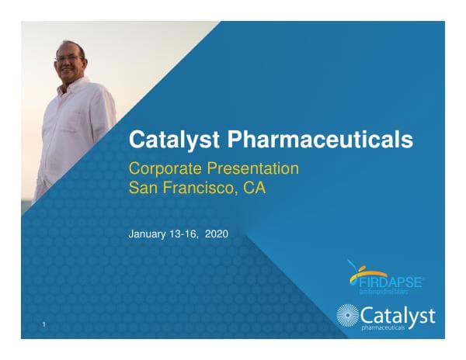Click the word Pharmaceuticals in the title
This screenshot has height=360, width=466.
tap(320, 140)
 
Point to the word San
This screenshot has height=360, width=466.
tap(143, 187)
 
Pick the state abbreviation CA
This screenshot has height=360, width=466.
tap(255, 187)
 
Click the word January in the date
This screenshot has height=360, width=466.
tap(147, 233)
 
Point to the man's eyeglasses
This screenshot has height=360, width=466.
tap(68, 56)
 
